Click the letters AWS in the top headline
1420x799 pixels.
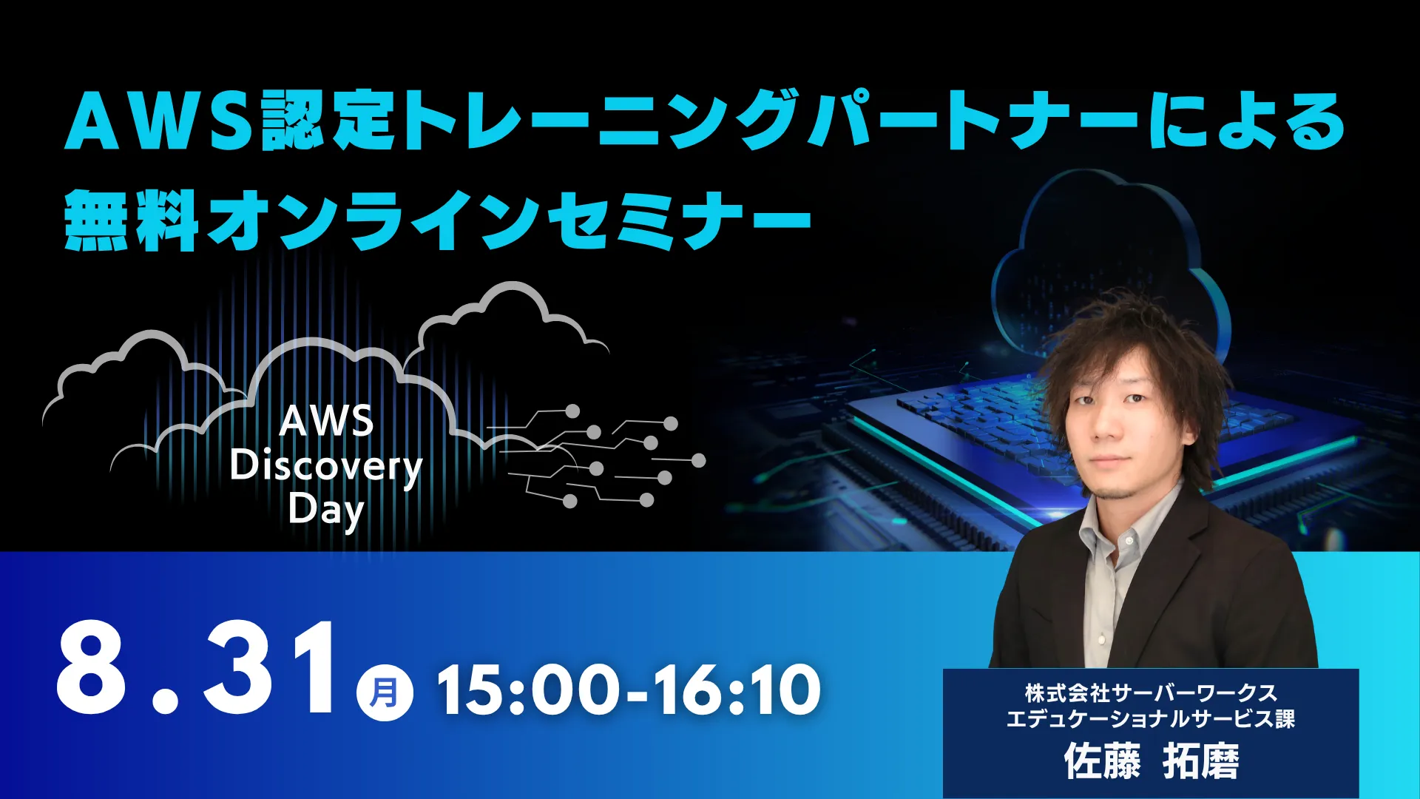pos(158,121)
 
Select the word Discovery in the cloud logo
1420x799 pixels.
pos(326,467)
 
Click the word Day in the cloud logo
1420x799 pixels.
pos(326,510)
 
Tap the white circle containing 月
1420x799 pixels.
pos(385,693)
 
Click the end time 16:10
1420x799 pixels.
pos(737,690)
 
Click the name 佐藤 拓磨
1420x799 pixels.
pos(1151,761)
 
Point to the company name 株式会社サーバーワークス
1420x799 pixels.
pos(1151,693)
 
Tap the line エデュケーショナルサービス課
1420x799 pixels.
pos(1151,719)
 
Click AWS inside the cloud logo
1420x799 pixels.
pos(326,421)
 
